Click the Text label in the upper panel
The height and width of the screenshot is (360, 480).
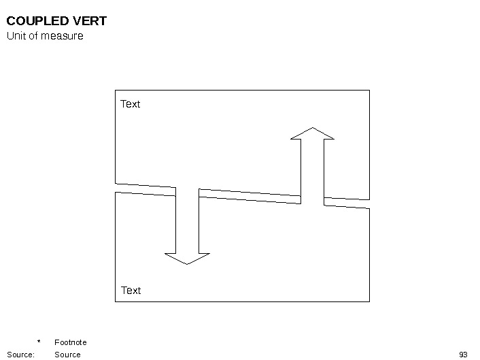pyautogui.click(x=130, y=104)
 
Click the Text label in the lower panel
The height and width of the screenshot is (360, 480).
pyautogui.click(x=131, y=291)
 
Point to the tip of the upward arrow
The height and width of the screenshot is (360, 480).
pyautogui.click(x=313, y=127)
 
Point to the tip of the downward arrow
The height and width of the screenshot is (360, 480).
pyautogui.click(x=187, y=264)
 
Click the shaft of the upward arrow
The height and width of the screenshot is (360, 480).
pyautogui.click(x=312, y=170)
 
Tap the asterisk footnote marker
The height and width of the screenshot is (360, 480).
pyautogui.click(x=39, y=342)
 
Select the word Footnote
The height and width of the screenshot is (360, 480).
pyautogui.click(x=71, y=342)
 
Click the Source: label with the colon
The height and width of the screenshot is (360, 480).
pyautogui.click(x=20, y=355)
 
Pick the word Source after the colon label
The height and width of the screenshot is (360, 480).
pyautogui.click(x=67, y=355)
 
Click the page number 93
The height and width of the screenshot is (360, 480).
pyautogui.click(x=464, y=355)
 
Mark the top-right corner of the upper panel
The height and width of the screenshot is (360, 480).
pyautogui.click(x=369, y=90)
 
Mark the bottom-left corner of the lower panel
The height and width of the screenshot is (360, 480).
pyautogui.click(x=116, y=301)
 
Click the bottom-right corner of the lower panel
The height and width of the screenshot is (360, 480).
pyautogui.click(x=369, y=301)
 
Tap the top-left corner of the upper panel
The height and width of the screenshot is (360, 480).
pyautogui.click(x=116, y=90)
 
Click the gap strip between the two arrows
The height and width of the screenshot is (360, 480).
pyautogui.click(x=249, y=196)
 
